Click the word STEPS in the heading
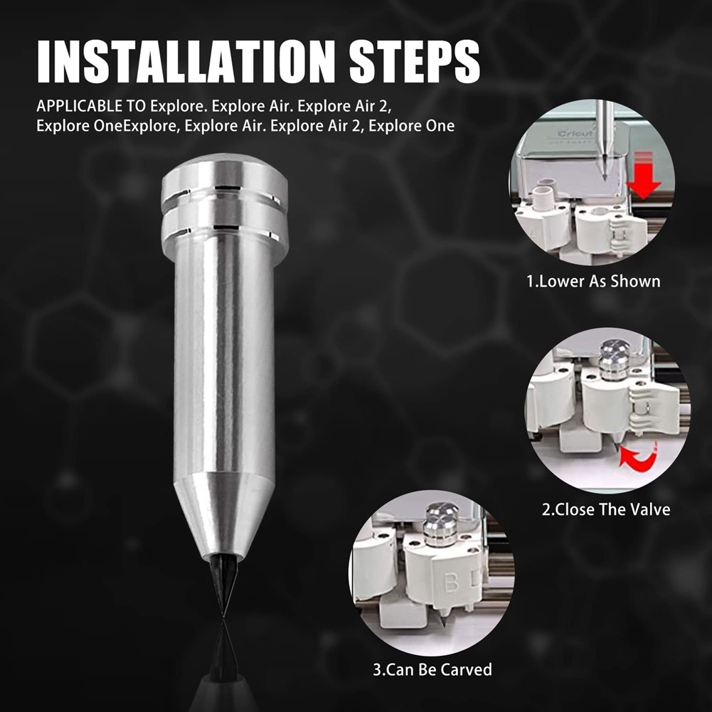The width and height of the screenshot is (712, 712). point(415,62)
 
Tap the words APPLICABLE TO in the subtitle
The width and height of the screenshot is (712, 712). point(91,106)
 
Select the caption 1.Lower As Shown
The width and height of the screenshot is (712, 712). point(593,281)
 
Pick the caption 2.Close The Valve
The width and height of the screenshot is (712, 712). point(606,509)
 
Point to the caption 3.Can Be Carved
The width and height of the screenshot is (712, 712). point(432,669)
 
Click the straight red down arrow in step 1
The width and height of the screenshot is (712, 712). point(644,176)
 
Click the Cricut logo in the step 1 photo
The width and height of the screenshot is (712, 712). point(575,134)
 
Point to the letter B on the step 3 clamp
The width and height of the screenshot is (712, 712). point(451,582)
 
